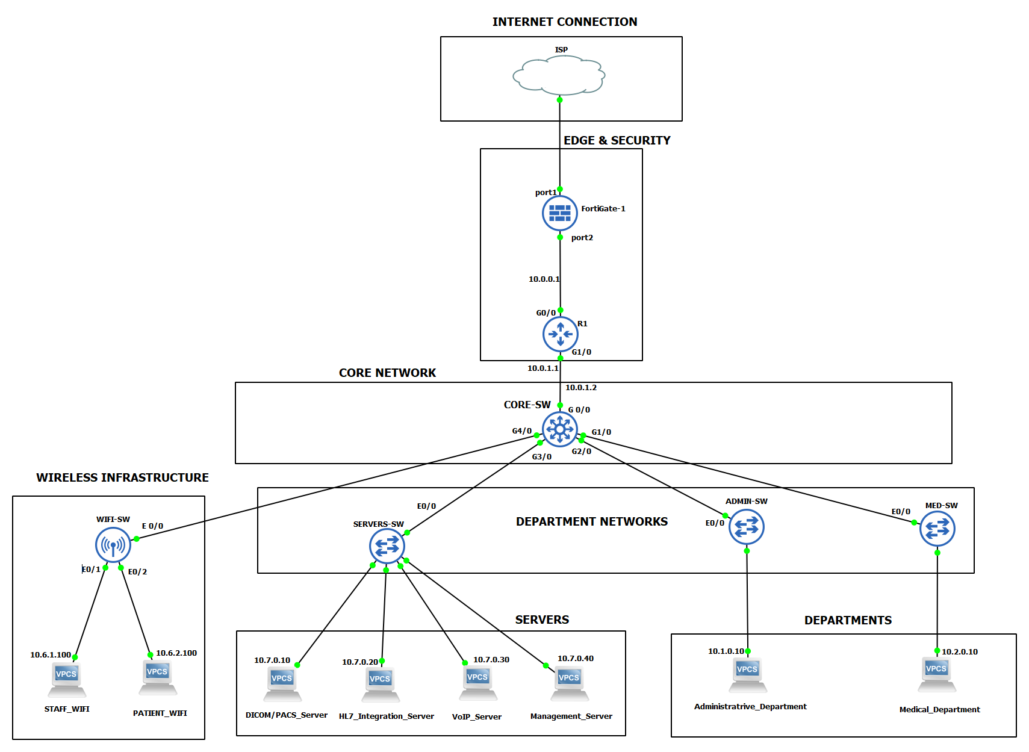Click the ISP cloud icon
tap(559, 76)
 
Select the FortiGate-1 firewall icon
tap(559, 213)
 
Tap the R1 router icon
tap(560, 334)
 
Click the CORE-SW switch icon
tap(559, 429)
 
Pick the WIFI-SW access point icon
tap(113, 545)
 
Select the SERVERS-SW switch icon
tap(387, 546)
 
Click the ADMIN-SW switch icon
tap(746, 527)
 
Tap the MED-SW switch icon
tap(937, 529)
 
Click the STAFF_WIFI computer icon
tap(67, 679)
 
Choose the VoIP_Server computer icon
tap(478, 683)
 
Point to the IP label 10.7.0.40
tap(575, 659)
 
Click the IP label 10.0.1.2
tap(580, 388)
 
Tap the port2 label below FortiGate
tap(582, 238)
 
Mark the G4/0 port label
tap(521, 431)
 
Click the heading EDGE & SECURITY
tap(617, 140)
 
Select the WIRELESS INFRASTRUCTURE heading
tap(122, 477)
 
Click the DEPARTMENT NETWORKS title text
tap(591, 521)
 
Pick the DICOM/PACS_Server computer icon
tap(282, 684)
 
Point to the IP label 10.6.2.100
tap(176, 653)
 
